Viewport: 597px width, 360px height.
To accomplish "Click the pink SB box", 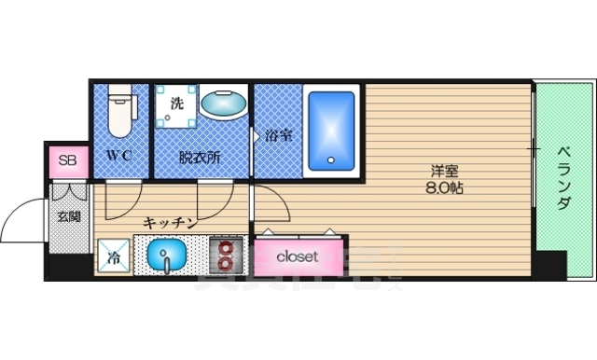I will (x=66, y=161).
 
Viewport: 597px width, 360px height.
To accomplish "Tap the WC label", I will (x=118, y=155).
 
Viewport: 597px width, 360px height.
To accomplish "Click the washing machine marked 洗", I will (x=176, y=104).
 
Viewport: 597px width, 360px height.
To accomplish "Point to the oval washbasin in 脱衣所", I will (x=222, y=104).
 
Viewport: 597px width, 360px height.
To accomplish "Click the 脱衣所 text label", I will (x=200, y=156).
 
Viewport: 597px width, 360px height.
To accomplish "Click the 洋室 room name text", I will (x=443, y=171).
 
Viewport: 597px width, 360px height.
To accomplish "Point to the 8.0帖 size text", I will (x=443, y=187).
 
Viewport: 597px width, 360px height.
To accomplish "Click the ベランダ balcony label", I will (x=564, y=177).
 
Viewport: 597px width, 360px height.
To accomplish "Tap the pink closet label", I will (x=297, y=255).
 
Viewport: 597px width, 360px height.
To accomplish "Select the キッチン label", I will (x=169, y=222).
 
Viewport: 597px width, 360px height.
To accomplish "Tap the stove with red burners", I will (x=227, y=254).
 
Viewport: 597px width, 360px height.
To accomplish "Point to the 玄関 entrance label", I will (x=68, y=216).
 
